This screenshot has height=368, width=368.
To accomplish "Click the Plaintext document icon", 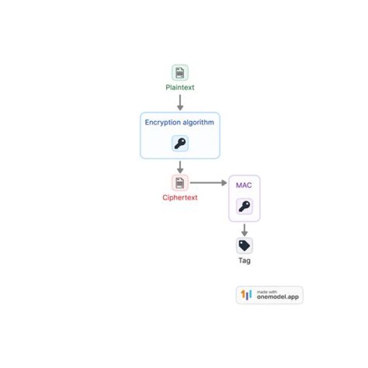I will (180, 73).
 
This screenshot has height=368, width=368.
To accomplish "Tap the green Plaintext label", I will (180, 87).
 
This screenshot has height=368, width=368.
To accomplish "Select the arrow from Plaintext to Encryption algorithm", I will (180, 102).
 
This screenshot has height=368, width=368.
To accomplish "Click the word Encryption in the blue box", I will (162, 123).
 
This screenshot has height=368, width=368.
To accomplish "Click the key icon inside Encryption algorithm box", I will (180, 144).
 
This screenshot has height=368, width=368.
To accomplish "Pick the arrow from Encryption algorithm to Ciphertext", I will (180, 167).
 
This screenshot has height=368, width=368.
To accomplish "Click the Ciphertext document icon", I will (180, 183).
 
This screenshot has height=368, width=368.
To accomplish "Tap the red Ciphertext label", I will (180, 197).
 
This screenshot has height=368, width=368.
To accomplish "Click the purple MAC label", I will (244, 185).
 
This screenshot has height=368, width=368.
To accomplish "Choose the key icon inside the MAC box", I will (244, 206).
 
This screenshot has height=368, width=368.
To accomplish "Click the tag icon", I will (244, 246).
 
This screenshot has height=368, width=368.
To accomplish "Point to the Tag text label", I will (244, 261).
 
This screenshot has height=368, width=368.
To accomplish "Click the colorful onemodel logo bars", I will (247, 295).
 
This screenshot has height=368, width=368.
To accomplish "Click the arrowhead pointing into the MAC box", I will (224, 183).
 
